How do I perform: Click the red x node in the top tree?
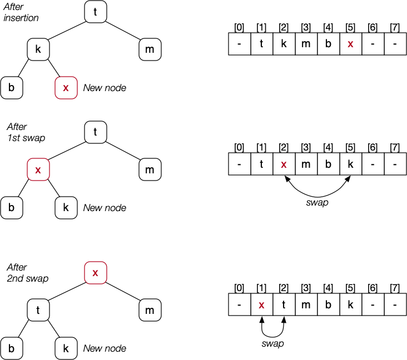point(66,88)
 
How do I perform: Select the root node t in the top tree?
point(95,13)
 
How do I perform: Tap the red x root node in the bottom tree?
point(95,273)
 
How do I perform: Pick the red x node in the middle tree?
point(38,170)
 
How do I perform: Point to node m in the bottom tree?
point(150,311)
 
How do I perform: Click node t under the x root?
point(38,311)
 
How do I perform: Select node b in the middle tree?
point(11,208)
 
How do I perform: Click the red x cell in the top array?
point(350,44)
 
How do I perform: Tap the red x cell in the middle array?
point(284,164)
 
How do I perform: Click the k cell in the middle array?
point(350,164)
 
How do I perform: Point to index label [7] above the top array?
point(394,27)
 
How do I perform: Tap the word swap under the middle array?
point(317,203)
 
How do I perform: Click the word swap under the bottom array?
point(272,343)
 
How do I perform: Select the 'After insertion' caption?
point(22,12)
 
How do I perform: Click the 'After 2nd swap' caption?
point(26,272)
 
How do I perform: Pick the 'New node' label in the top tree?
point(105,88)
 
